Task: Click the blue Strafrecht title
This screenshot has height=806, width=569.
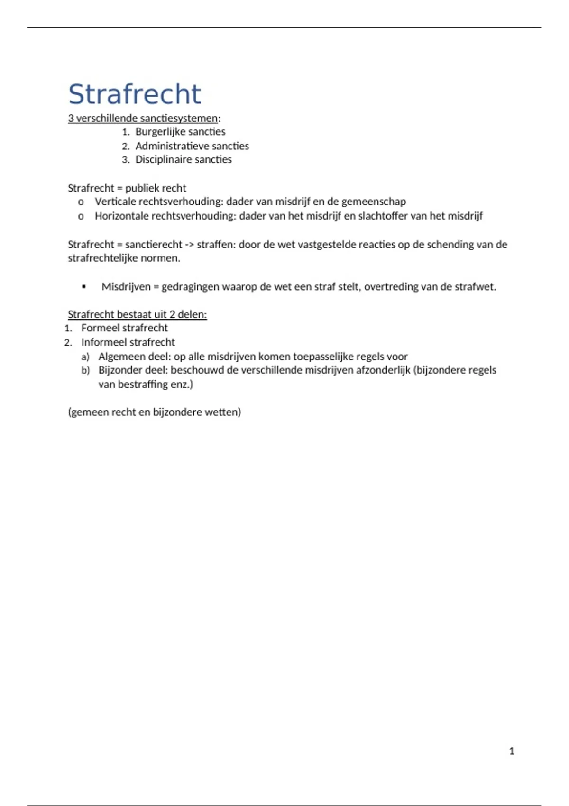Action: coord(135,94)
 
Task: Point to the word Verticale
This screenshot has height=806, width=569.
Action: coord(115,202)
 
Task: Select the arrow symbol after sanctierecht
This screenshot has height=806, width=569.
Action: coord(189,245)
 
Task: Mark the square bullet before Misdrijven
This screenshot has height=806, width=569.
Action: coord(84,287)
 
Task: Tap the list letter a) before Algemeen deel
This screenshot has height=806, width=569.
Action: coord(85,357)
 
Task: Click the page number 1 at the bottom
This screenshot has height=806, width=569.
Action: coord(512,751)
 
